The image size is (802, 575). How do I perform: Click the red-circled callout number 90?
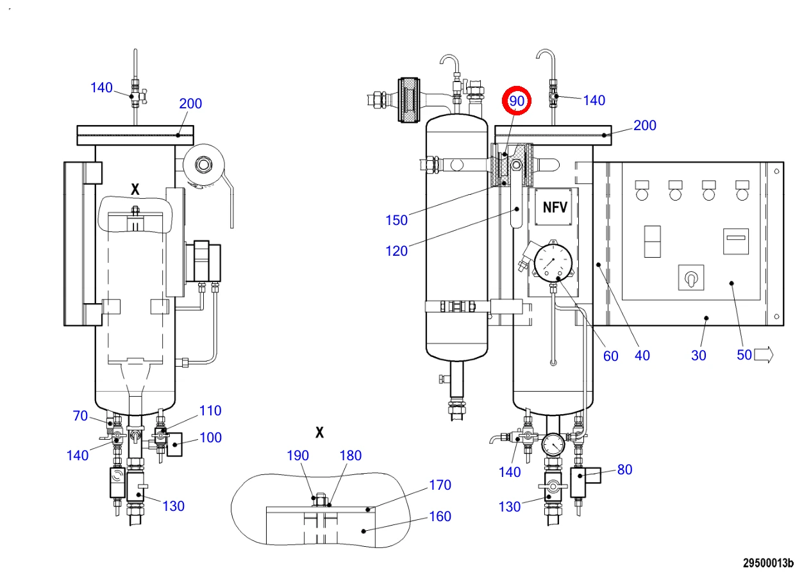[516, 101]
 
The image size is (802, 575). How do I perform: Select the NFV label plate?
[553, 207]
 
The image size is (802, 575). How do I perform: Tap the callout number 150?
[396, 220]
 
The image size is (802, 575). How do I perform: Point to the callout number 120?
[396, 251]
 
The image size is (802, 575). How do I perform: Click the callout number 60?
[610, 356]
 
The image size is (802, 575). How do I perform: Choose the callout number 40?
[642, 356]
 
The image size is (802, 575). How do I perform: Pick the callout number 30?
[699, 356]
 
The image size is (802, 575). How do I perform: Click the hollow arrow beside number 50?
[764, 355]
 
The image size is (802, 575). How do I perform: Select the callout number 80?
[625, 470]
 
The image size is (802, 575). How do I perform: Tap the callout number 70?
[80, 415]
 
